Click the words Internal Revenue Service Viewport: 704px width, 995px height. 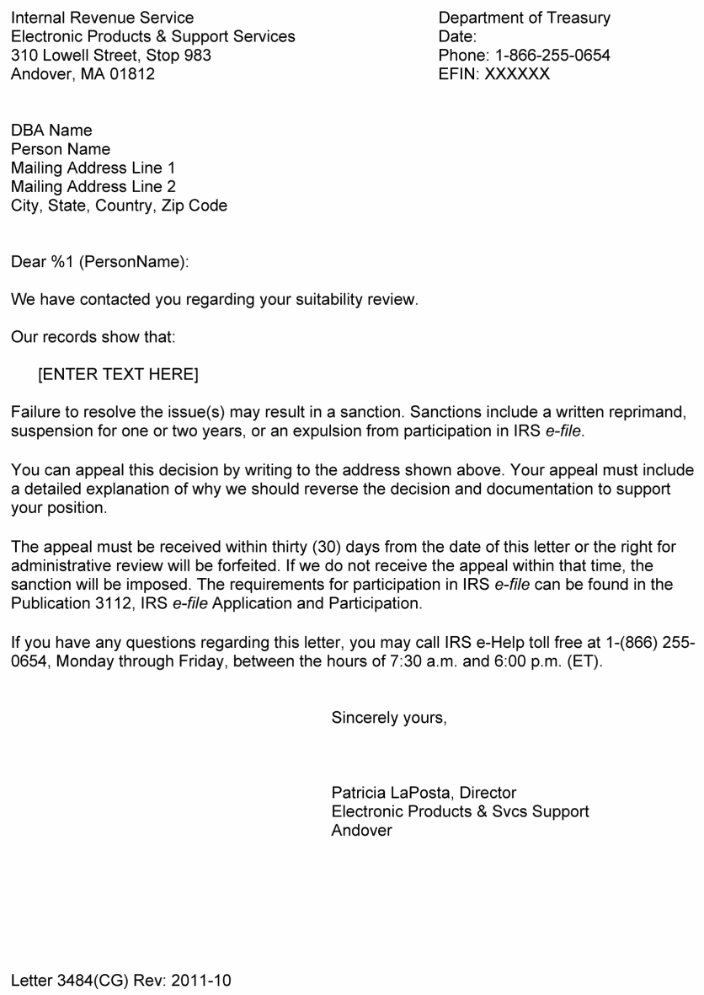[x=102, y=18]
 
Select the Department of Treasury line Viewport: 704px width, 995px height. [x=525, y=18]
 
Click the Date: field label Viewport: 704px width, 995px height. [x=458, y=37]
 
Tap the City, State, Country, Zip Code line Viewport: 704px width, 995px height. [x=119, y=205]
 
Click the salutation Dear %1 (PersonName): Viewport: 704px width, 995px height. [x=100, y=262]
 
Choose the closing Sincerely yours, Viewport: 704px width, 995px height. [x=389, y=718]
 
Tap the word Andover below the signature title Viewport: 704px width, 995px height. [x=362, y=830]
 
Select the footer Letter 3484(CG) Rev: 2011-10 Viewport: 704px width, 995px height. [x=121, y=981]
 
